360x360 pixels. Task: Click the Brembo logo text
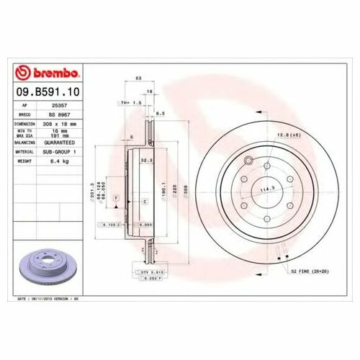[x=49, y=73]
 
